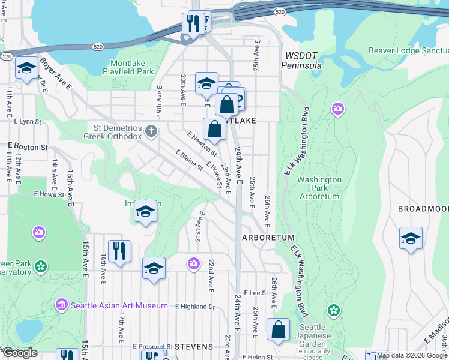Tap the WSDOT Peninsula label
(302, 60)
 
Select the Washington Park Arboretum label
(319, 188)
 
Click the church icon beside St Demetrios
(152, 131)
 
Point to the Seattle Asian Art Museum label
(119, 305)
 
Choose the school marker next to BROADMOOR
(411, 238)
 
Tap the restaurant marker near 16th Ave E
(119, 251)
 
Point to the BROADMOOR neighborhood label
(423, 209)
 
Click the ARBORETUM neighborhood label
(268, 238)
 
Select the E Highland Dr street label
(195, 307)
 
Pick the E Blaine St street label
(190, 161)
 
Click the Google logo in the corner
(20, 353)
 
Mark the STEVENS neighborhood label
(194, 347)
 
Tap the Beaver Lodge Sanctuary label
(408, 51)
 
